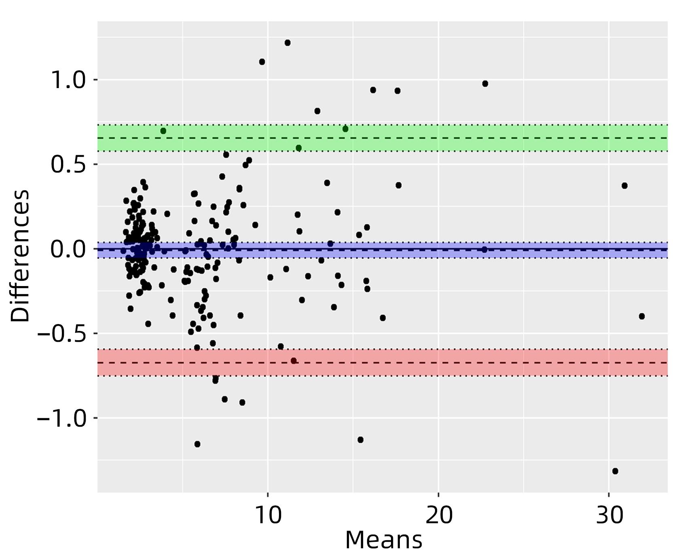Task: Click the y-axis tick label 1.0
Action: coord(68,80)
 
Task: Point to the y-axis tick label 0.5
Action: coord(68,164)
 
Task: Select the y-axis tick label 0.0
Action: coord(68,249)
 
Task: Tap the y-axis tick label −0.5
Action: coord(61,333)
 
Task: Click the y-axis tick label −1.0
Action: coord(61,418)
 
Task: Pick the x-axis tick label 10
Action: coord(268,516)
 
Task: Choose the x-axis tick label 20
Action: coord(439,516)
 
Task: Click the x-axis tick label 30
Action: coord(609,516)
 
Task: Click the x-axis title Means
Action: coord(383,540)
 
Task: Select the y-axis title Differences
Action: coord(20,255)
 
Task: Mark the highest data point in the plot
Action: coord(287,43)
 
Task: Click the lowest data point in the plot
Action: coord(615,471)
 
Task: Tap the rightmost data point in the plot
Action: coord(642,316)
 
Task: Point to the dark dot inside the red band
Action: coord(294,361)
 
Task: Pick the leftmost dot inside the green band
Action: coord(163,131)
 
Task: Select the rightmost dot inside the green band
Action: coord(345,129)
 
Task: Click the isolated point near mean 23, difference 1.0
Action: coord(485,84)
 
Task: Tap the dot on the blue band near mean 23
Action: coord(484,250)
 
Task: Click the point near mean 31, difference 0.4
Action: coord(625,186)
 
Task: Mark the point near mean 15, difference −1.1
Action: coord(361,440)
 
